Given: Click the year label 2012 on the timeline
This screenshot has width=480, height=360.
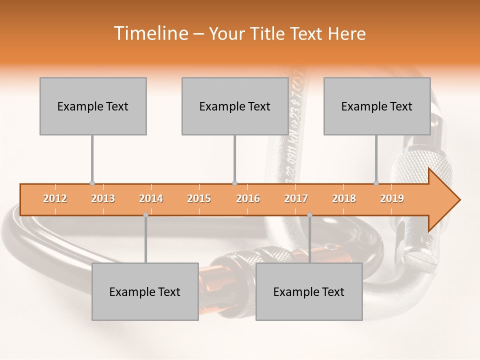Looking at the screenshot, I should (55, 199).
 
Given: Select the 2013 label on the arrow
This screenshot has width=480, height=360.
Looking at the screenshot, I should (103, 199).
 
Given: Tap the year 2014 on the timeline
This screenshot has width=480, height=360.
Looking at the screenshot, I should (151, 199).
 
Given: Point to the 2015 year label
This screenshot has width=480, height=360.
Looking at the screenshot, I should (199, 199).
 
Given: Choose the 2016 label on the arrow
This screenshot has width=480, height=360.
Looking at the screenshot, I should (248, 199).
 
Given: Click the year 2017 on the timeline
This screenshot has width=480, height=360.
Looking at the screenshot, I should (296, 199).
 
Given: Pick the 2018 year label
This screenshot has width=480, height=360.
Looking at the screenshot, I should (344, 199).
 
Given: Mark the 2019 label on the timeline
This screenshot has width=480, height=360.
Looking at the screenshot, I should (392, 199).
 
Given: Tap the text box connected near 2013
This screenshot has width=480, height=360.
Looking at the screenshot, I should (93, 106).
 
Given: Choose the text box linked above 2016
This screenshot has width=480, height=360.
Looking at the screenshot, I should (234, 106).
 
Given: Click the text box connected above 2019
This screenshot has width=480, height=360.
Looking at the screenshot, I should (376, 106).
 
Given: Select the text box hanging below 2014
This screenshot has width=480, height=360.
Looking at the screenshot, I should (145, 292).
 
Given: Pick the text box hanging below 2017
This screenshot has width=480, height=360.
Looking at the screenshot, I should (309, 292).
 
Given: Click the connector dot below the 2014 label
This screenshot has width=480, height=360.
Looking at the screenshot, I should (145, 215).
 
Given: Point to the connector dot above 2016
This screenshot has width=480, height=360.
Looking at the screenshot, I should (234, 183).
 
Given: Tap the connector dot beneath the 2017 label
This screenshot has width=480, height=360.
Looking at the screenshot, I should (309, 215).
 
